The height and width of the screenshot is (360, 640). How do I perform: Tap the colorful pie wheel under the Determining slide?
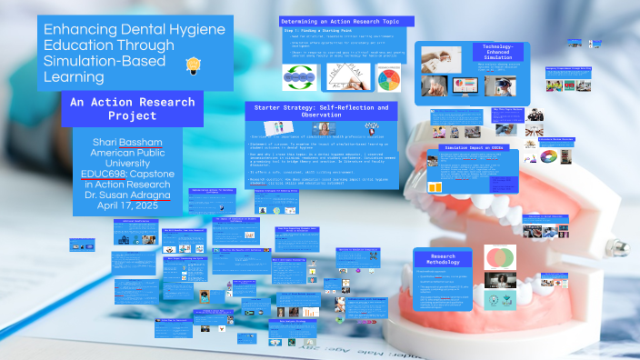(387, 76)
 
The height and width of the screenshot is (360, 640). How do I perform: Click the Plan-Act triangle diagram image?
(335, 76)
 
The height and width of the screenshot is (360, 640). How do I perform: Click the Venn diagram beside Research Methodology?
(500, 256)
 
